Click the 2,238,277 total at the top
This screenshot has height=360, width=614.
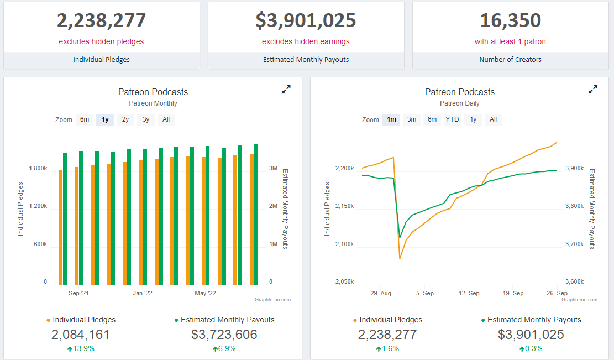(101, 20)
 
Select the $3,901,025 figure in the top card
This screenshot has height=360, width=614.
(306, 20)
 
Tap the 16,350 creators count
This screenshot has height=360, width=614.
(510, 20)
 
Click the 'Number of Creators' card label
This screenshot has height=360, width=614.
(510, 59)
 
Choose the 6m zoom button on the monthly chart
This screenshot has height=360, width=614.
(85, 119)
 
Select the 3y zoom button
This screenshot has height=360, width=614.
(145, 119)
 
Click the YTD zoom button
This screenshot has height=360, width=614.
(452, 119)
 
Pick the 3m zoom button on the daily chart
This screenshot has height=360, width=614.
(412, 119)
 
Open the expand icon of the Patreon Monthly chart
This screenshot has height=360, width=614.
(286, 90)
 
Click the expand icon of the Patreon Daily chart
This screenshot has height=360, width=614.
(592, 90)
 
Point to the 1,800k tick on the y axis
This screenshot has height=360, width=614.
(38, 168)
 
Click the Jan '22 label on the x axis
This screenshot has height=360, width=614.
(142, 293)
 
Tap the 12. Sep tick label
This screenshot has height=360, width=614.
(469, 293)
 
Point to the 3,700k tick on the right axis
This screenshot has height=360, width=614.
(574, 244)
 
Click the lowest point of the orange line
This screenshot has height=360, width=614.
(400, 258)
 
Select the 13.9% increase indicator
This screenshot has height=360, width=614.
(81, 348)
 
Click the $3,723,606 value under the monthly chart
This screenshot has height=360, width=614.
(224, 335)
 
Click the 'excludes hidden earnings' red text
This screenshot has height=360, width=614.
(306, 41)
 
